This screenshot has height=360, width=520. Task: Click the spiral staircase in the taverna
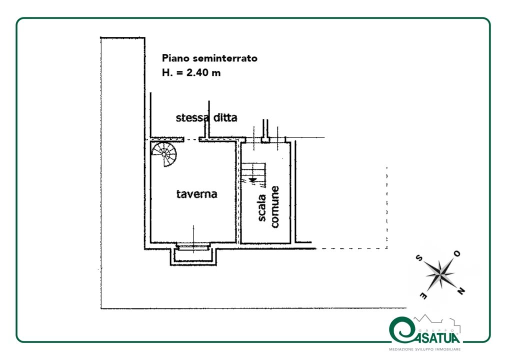[165, 153]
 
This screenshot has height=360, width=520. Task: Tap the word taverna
[196, 194]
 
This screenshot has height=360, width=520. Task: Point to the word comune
[274, 207]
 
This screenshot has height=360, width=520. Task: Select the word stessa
[191, 118]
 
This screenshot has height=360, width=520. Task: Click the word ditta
[224, 118]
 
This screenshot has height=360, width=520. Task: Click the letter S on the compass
[418, 258]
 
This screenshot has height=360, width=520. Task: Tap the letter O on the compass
[456, 254]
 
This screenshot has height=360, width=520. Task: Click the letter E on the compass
[422, 296]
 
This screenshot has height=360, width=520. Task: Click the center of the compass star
[440, 274]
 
